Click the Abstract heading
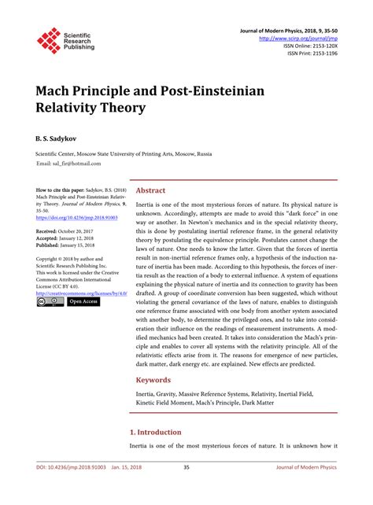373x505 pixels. coord(150,191)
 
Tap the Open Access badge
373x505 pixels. coord(83,301)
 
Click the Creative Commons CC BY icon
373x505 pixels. coord(50,301)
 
